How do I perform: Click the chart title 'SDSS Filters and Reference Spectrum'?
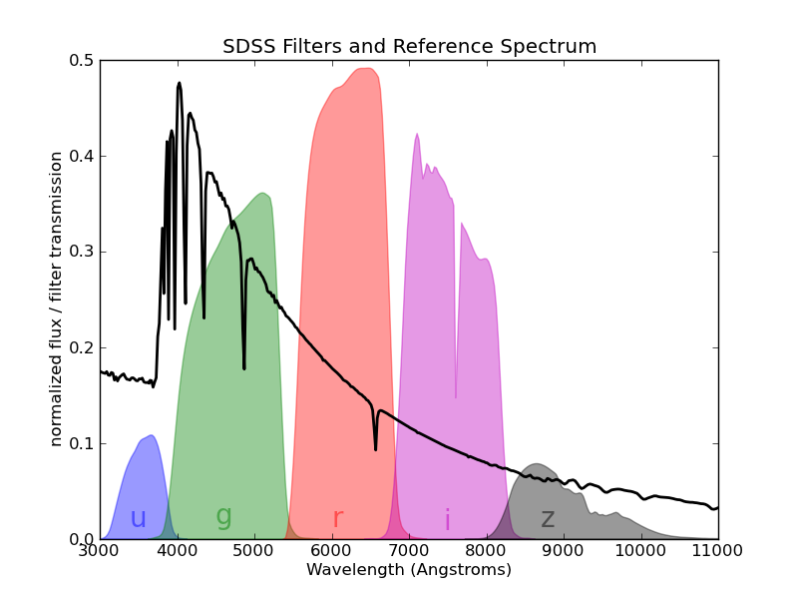tap(409, 46)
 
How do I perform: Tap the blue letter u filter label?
tap(138, 519)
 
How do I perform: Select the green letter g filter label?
tap(223, 515)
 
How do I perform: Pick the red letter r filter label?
tap(338, 519)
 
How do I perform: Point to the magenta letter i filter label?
tap(447, 520)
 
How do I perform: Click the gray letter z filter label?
tap(548, 519)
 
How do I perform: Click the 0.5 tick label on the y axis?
tap(81, 61)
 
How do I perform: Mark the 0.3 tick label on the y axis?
tap(81, 253)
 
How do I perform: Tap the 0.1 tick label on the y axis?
tap(81, 444)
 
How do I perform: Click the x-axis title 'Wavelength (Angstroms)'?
tap(409, 570)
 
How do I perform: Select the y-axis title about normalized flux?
tap(57, 299)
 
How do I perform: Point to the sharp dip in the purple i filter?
tap(456, 396)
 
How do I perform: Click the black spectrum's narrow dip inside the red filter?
tap(376, 448)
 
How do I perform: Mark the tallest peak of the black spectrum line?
tap(180, 83)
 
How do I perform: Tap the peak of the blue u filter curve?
tap(151, 435)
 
